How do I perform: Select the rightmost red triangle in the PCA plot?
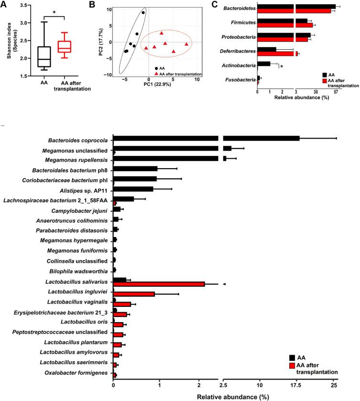click(186, 44)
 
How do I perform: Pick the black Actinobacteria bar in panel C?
click(264, 63)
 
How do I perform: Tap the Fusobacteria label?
click(240, 79)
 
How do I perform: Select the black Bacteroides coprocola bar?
click(206, 138)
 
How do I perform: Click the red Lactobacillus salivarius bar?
click(159, 284)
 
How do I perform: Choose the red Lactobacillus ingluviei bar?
click(134, 294)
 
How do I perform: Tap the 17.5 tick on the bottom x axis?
click(297, 384)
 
